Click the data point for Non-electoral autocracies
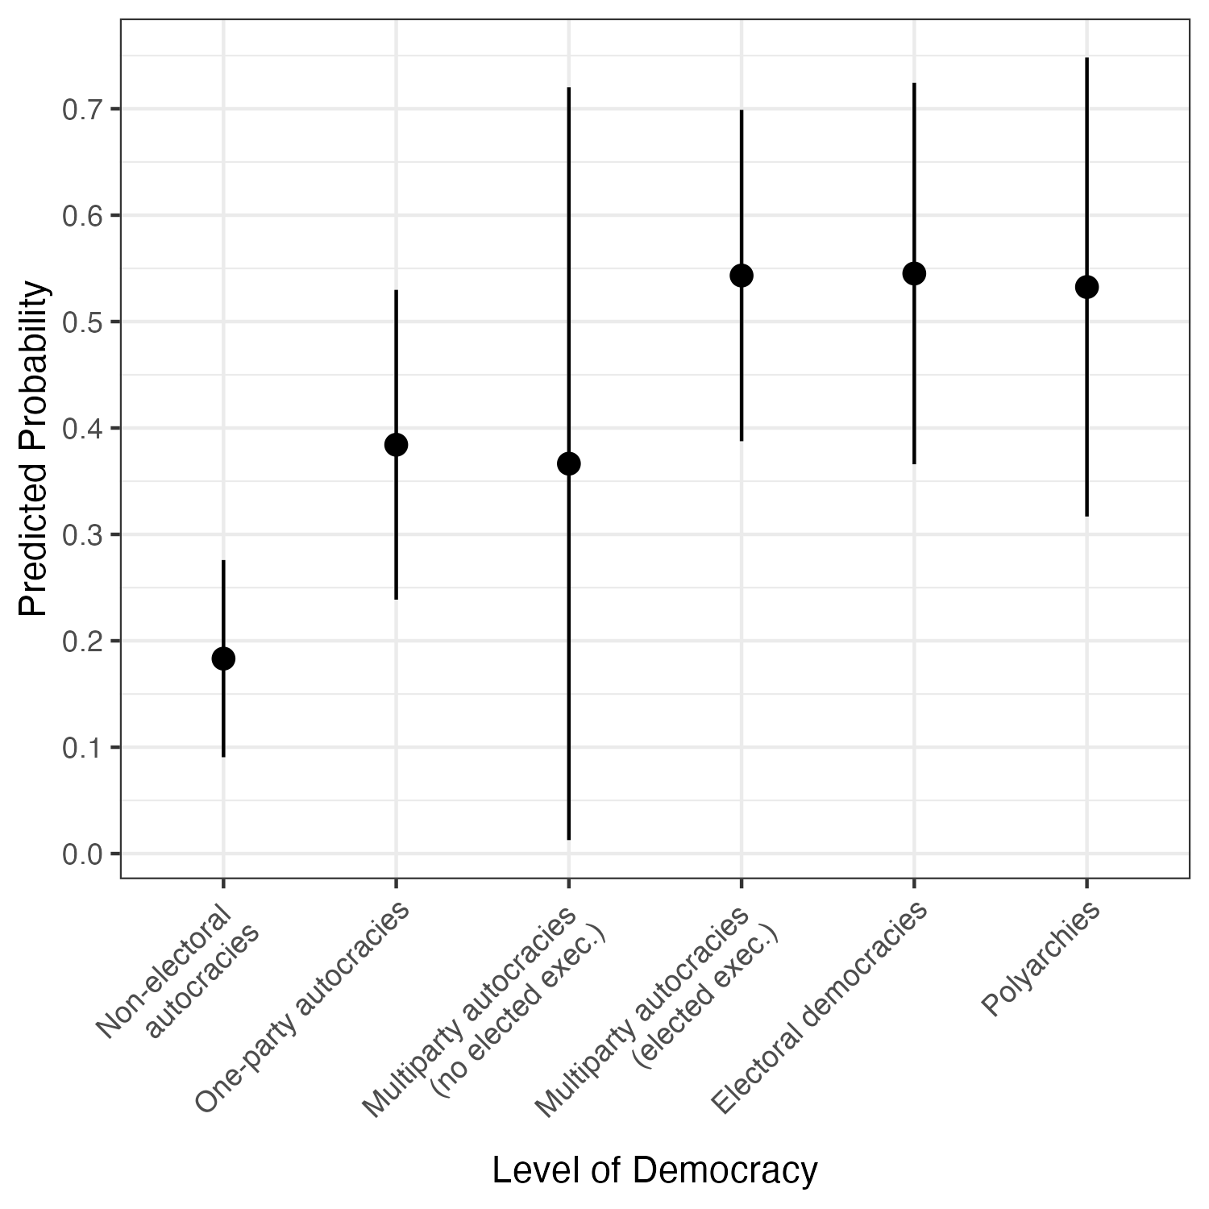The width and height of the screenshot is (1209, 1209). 223,659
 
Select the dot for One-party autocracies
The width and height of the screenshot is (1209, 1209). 396,444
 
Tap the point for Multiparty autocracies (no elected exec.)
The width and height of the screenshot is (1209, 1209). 569,463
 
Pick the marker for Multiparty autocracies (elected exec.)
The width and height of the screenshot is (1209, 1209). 742,276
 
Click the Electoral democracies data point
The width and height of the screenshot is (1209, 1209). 914,273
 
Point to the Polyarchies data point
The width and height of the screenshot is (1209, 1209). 1086,287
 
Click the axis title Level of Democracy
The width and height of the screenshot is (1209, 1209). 654,1170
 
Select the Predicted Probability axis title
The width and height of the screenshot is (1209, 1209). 34,449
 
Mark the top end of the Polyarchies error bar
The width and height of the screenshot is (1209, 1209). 1086,59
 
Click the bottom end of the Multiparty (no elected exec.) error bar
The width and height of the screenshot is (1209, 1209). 569,839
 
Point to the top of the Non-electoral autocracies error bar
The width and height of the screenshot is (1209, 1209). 223,561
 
